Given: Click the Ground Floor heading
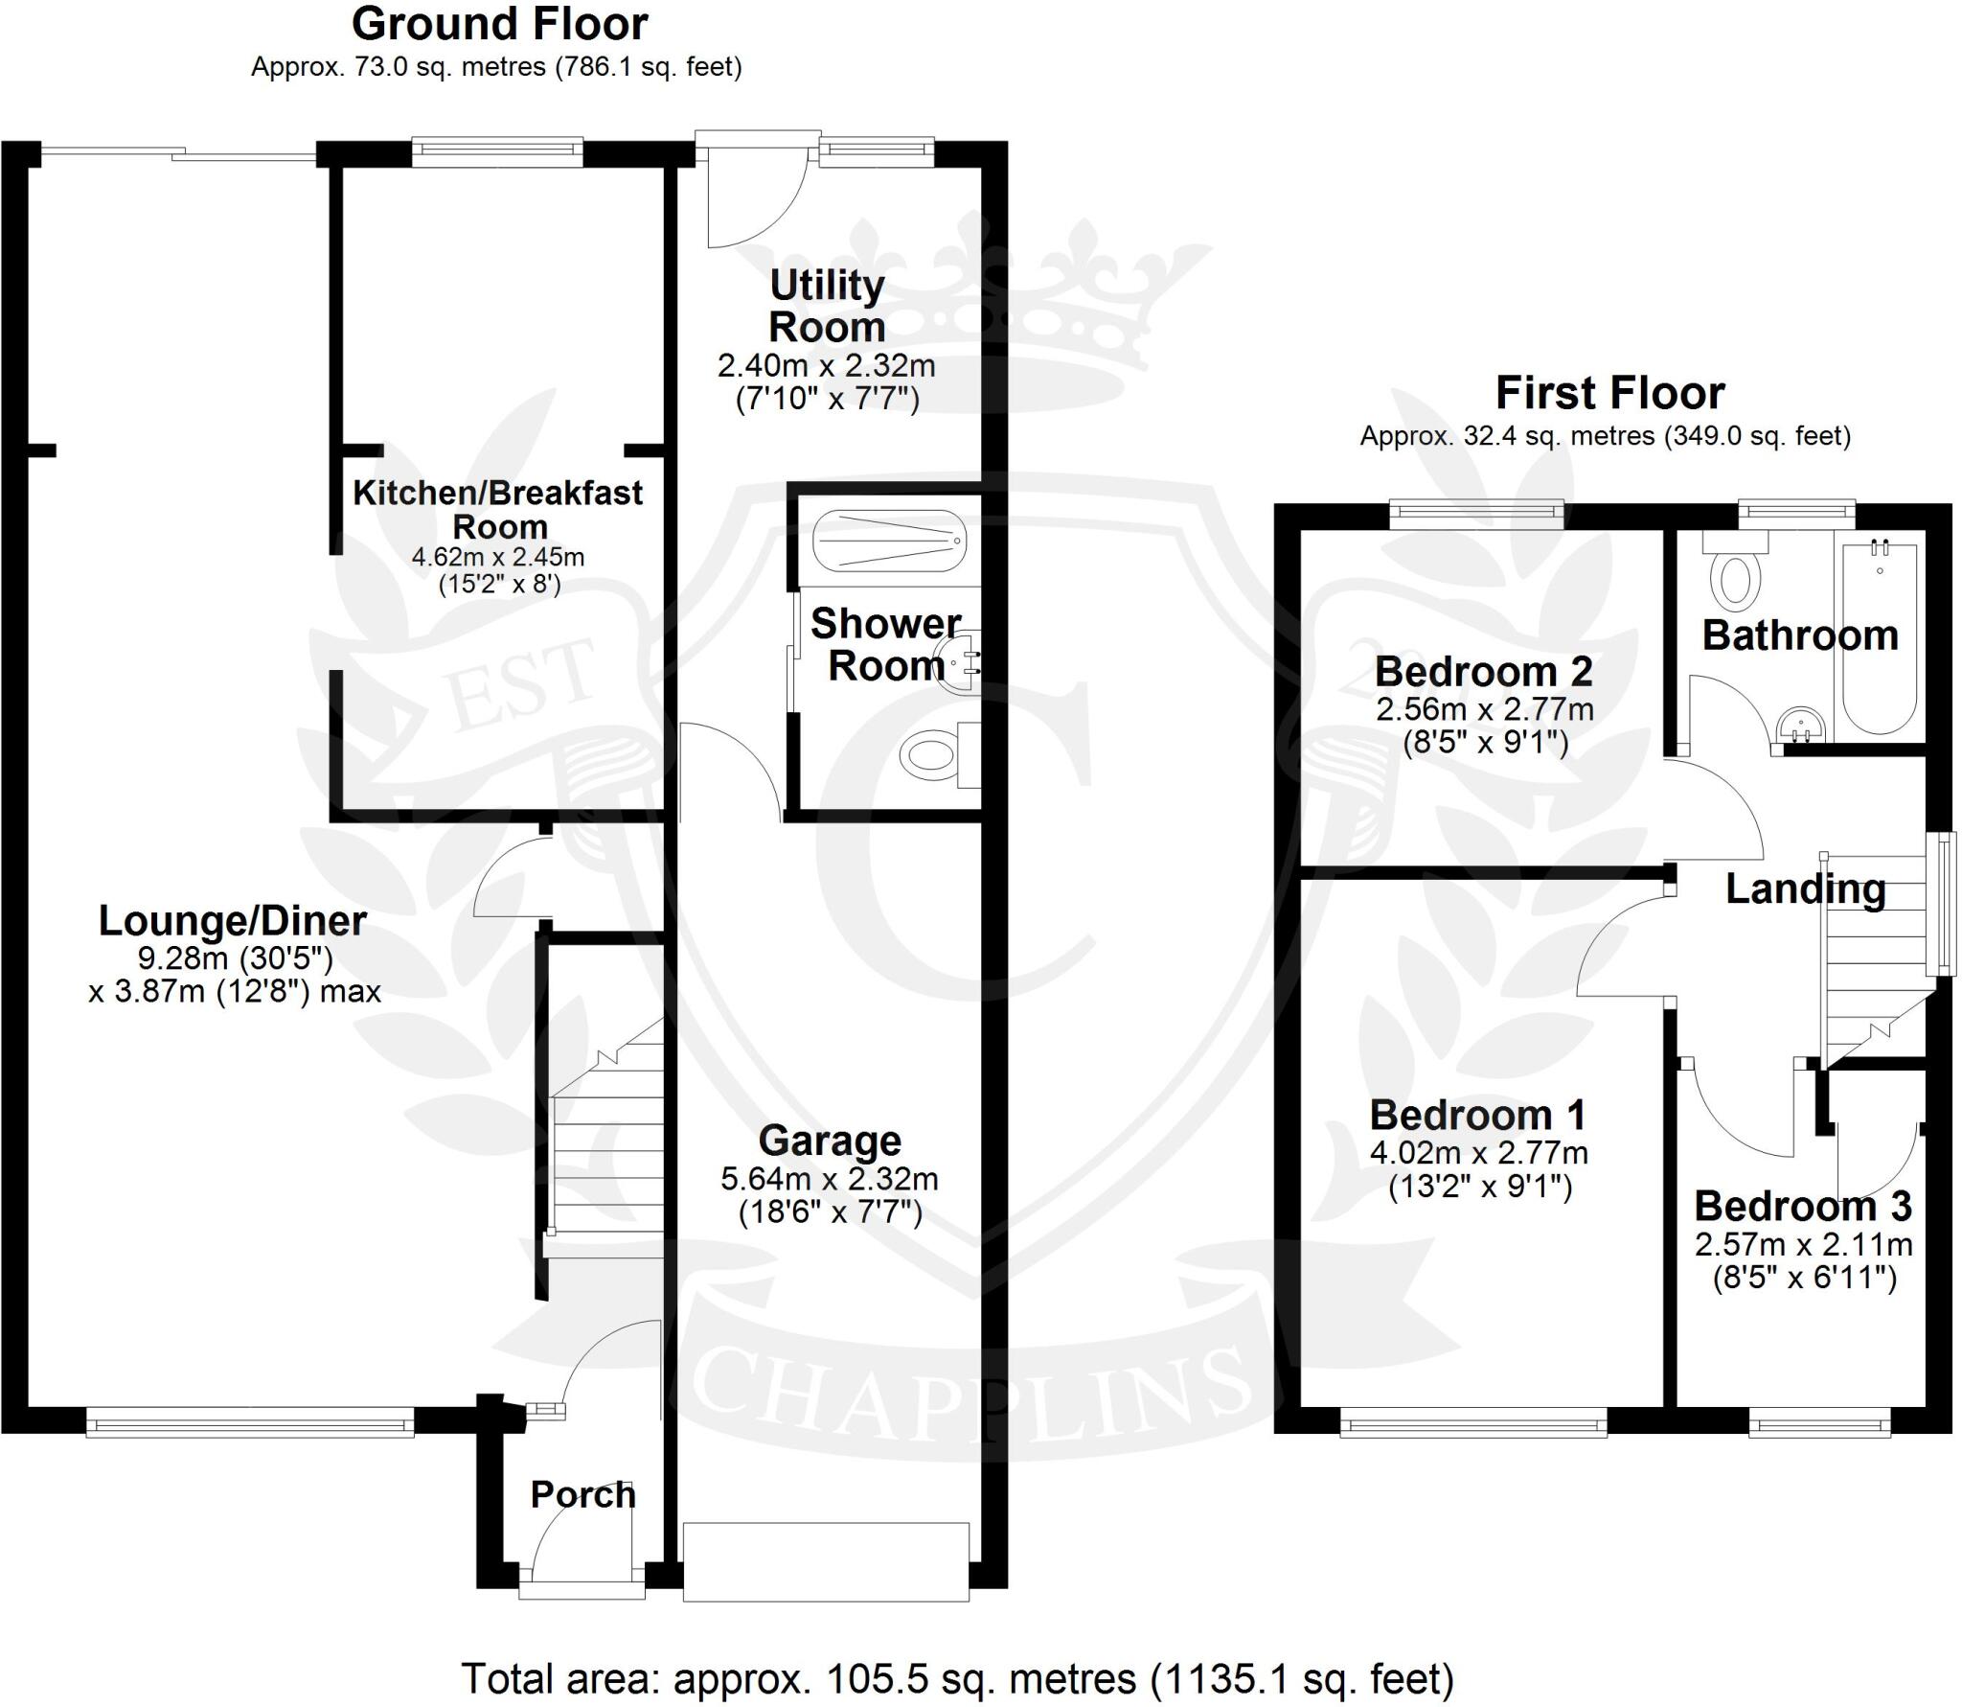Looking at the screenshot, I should (499, 25).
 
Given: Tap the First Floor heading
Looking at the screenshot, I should (1609, 393).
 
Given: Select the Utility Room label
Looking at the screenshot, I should (827, 307).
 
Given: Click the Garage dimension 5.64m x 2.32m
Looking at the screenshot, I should (830, 1178).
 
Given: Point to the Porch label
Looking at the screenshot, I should (582, 1494).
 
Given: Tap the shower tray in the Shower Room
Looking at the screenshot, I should (888, 541).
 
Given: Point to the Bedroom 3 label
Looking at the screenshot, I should (1803, 1206).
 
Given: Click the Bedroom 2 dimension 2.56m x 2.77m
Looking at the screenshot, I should (1485, 709).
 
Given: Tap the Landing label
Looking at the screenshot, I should (1805, 888).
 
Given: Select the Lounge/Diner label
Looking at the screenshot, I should (233, 921).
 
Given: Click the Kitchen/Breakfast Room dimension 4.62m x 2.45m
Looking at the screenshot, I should (498, 557).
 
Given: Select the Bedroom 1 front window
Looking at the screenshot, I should (1473, 1427).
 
